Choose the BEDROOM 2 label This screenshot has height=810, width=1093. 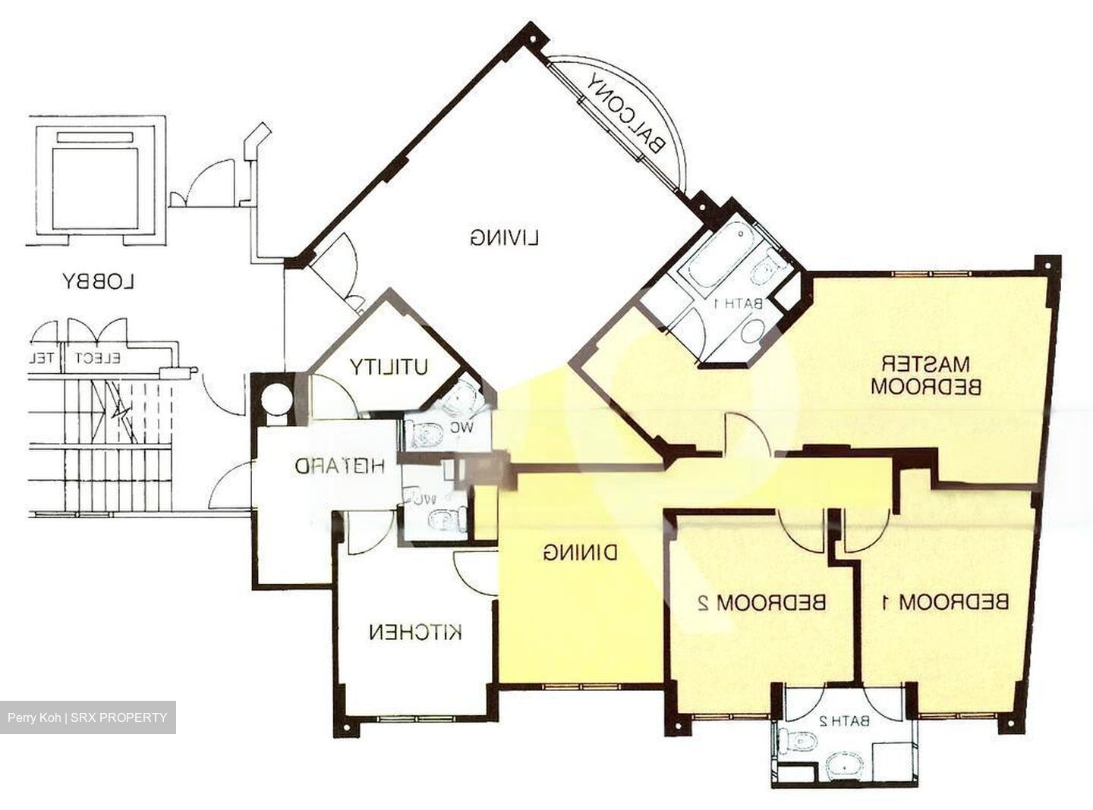[x=761, y=603]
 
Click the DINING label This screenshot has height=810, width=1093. [x=580, y=553]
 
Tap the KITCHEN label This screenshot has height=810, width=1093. [x=415, y=632]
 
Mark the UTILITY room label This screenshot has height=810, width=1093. [x=389, y=367]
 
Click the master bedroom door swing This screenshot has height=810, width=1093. [x=748, y=434]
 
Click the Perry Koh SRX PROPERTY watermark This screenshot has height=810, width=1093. [x=87, y=717]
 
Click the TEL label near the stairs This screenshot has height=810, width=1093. [x=46, y=358]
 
